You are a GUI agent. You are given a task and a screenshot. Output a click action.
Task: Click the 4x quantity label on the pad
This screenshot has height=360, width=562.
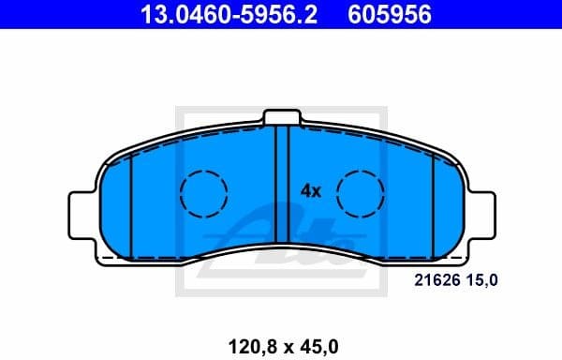tap(310, 190)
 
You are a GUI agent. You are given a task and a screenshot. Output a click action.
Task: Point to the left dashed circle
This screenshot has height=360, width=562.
tap(203, 195)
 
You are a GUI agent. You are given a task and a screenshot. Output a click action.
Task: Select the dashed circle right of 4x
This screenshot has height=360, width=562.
tap(362, 195)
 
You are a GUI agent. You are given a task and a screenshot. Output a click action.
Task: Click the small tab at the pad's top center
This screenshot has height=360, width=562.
tap(282, 117)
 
